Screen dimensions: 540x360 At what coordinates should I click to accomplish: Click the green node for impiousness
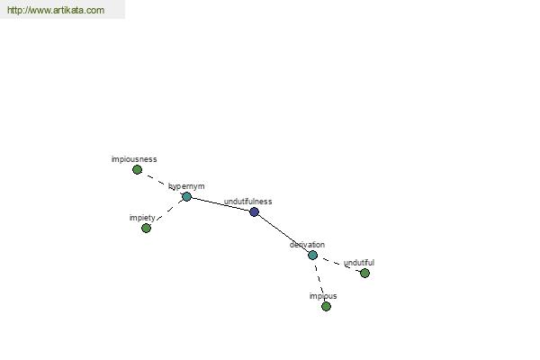[137, 169]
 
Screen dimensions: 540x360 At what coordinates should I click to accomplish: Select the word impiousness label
[134, 159]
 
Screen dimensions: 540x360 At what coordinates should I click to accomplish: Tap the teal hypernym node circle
[186, 197]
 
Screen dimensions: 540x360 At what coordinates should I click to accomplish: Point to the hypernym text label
[186, 186]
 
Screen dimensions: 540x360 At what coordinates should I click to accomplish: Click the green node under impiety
[146, 228]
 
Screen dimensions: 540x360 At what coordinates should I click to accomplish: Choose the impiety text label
[142, 218]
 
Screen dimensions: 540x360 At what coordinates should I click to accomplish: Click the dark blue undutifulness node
[254, 211]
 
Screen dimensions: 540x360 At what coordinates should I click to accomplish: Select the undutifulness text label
[248, 202]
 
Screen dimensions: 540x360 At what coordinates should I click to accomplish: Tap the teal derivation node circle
[312, 256]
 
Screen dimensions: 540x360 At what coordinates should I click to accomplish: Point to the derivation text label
[307, 245]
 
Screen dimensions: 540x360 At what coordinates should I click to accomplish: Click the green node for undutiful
[364, 274]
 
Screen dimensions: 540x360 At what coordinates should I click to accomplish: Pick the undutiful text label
[359, 263]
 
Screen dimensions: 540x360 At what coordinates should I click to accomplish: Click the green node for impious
[326, 306]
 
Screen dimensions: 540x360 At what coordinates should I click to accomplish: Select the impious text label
[323, 296]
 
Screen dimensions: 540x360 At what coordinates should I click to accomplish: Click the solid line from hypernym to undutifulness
[220, 204]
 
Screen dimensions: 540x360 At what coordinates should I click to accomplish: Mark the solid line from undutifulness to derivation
[283, 234]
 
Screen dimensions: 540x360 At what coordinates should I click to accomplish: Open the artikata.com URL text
[56, 10]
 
